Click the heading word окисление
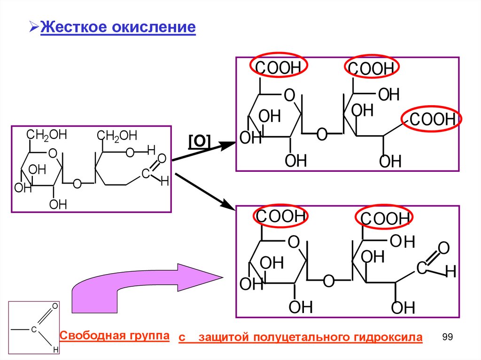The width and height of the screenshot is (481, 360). click(x=153, y=27)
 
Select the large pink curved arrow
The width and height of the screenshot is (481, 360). click(x=141, y=290)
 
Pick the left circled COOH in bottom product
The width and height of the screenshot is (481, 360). click(x=280, y=216)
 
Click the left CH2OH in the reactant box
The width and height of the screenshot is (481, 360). click(x=47, y=136)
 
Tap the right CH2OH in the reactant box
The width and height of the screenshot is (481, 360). click(x=117, y=136)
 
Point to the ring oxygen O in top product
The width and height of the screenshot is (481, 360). click(x=289, y=96)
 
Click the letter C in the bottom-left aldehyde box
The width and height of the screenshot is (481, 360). click(x=34, y=329)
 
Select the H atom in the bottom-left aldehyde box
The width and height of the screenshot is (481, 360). click(x=55, y=350)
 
